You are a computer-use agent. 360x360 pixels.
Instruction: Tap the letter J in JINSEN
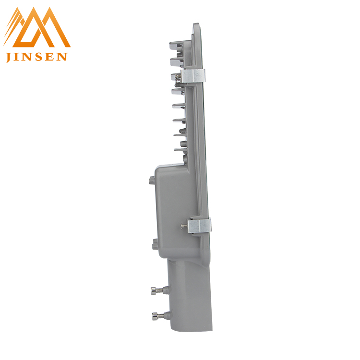[x=9, y=57]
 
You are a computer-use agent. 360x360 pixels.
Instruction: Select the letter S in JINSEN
[x=38, y=57]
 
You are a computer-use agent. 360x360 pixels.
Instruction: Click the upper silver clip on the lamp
[x=193, y=76]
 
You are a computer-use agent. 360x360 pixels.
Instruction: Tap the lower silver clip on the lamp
[x=199, y=226]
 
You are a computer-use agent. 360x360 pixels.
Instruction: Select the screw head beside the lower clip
[x=183, y=226]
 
